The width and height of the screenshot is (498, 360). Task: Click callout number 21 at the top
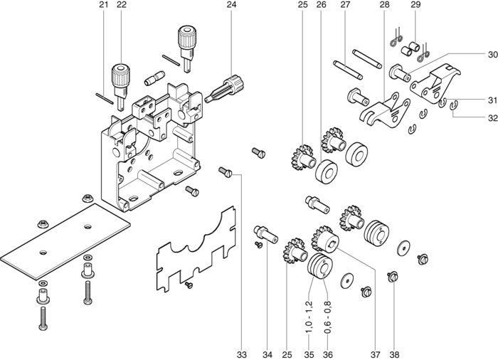click(x=104, y=5)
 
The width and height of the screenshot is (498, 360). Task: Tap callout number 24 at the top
click(x=231, y=5)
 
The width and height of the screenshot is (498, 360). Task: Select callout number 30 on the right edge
click(x=492, y=55)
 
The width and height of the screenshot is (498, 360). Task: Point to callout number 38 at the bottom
click(x=394, y=354)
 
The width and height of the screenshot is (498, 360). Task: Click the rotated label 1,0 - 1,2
click(x=309, y=317)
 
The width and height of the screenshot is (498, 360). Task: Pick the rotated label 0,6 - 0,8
click(x=328, y=317)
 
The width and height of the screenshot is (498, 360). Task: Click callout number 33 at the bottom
click(x=241, y=354)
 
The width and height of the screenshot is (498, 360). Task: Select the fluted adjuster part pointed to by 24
click(x=225, y=89)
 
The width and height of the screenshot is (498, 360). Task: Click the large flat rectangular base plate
click(x=65, y=241)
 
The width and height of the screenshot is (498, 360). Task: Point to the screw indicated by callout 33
click(x=226, y=172)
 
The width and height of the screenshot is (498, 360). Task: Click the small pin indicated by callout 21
click(x=105, y=98)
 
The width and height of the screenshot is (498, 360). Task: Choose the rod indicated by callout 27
click(x=348, y=70)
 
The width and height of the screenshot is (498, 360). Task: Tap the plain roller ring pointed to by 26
click(x=327, y=172)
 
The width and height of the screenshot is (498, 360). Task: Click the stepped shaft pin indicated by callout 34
click(x=265, y=235)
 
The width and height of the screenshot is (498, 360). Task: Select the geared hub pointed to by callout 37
click(x=325, y=239)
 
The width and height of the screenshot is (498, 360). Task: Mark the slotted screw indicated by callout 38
click(x=393, y=277)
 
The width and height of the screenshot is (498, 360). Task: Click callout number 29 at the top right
click(x=415, y=5)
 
